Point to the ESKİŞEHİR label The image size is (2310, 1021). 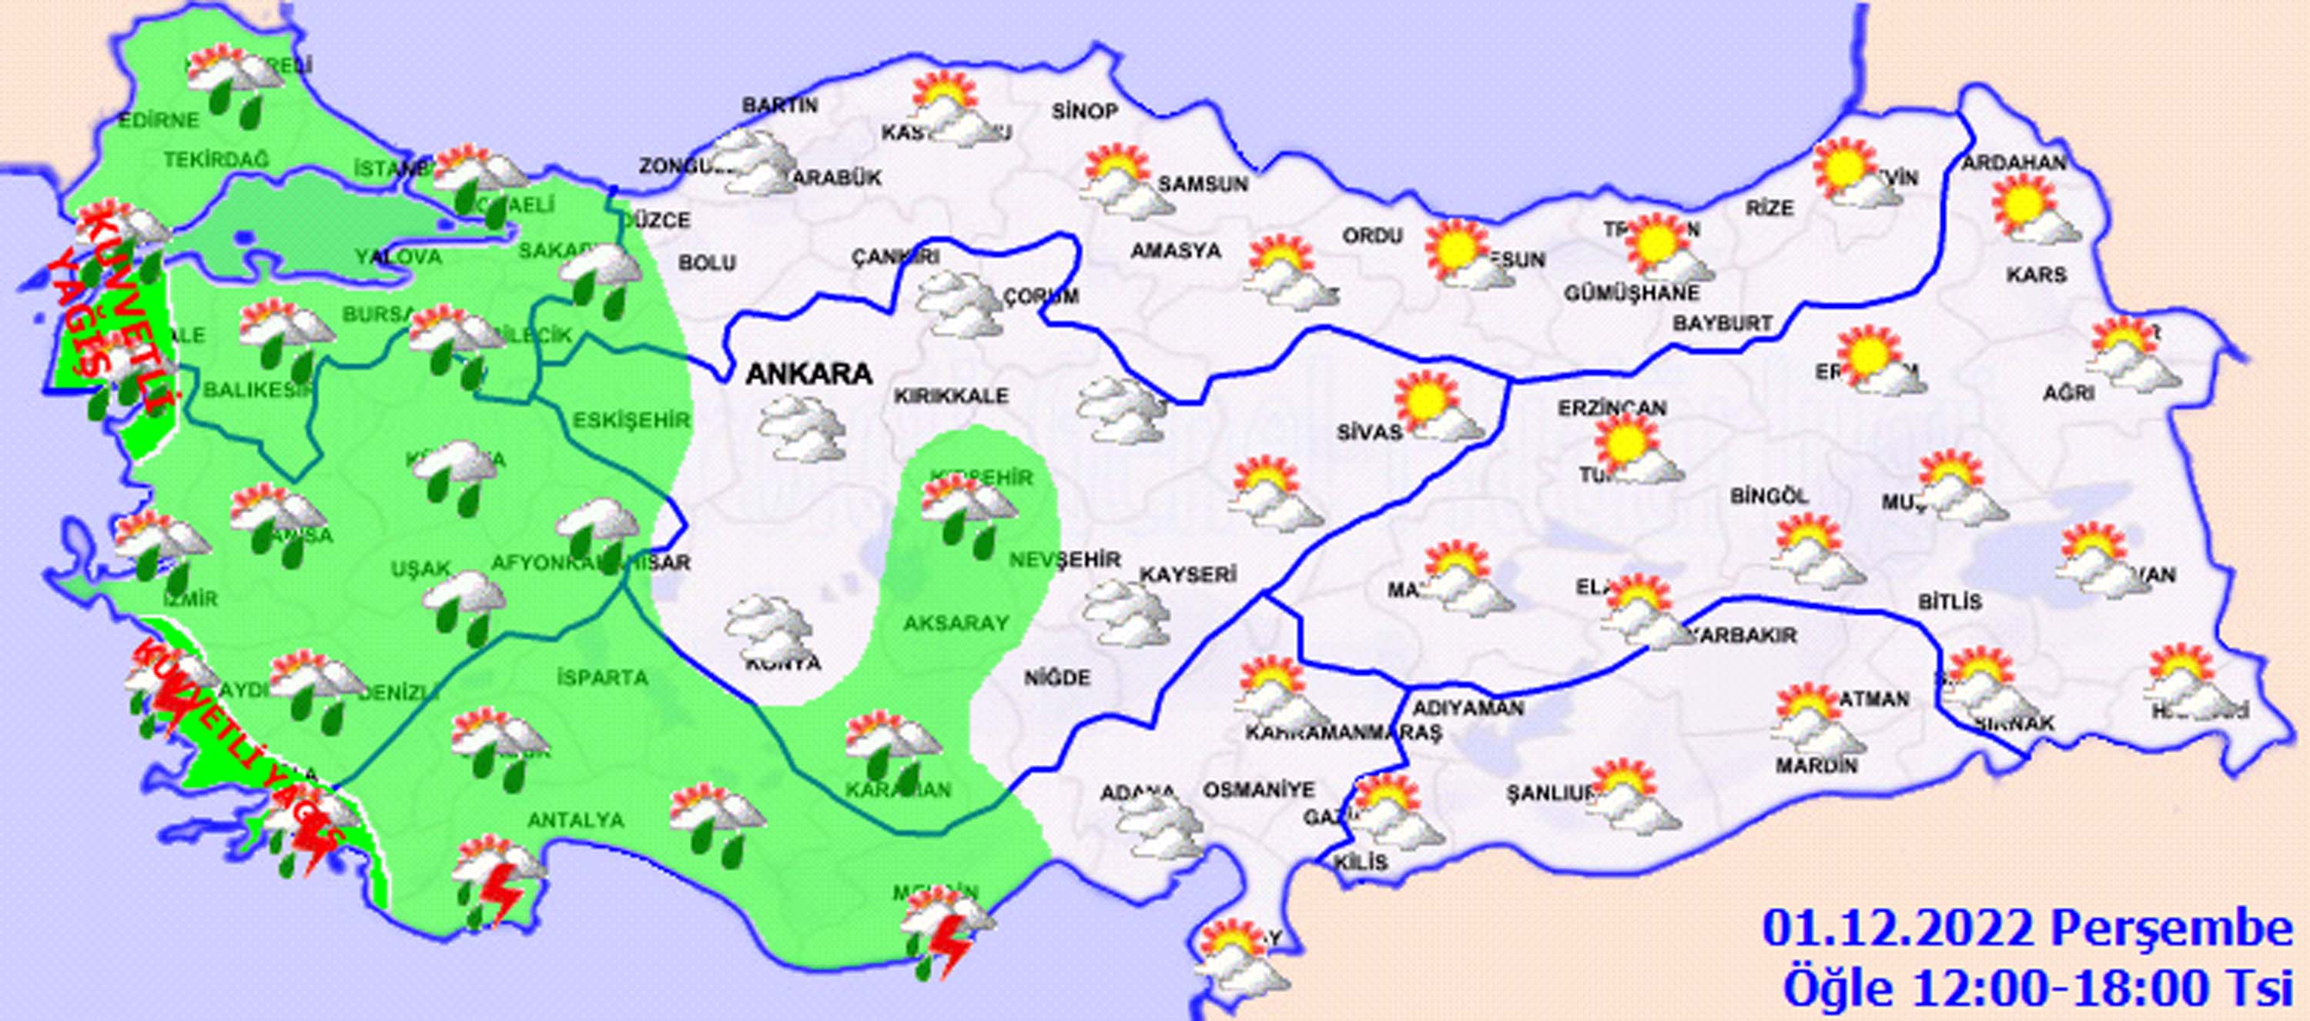(x=632, y=419)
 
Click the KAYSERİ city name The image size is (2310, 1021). (x=1188, y=574)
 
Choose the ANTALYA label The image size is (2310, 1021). (x=576, y=819)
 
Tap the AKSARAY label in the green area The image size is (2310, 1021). (x=956, y=622)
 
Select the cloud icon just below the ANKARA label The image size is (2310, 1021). (x=802, y=429)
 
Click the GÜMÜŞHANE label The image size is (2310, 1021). (x=1631, y=293)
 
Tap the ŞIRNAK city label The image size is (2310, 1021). (x=2014, y=722)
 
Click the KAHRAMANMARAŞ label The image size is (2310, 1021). (x=1342, y=732)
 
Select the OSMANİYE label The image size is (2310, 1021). (x=1258, y=789)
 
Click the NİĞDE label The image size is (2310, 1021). (x=1057, y=678)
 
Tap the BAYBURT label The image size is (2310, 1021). (x=1722, y=322)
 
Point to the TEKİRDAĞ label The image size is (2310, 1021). (x=216, y=159)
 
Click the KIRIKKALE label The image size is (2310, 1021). (x=950, y=395)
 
